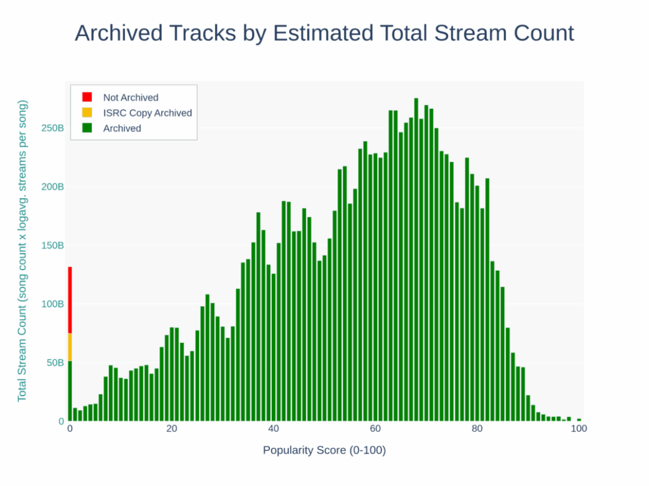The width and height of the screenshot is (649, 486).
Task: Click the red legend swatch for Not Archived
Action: click(87, 97)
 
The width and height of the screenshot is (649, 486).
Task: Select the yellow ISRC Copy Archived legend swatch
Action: click(87, 113)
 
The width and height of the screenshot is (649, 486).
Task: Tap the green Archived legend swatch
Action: click(87, 128)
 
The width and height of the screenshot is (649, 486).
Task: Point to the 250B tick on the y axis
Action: click(53, 128)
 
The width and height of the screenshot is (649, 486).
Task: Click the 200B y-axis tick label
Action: click(53, 187)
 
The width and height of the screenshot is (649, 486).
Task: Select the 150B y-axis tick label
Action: click(53, 246)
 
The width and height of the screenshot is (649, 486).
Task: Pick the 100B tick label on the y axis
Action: click(53, 304)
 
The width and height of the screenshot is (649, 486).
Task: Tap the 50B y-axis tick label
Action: click(55, 363)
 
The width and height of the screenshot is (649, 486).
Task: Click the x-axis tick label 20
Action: click(172, 428)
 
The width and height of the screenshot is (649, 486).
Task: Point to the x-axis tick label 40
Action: click(273, 428)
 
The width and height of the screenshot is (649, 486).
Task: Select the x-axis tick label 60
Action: click(375, 428)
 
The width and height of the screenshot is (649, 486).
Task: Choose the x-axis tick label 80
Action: click(477, 428)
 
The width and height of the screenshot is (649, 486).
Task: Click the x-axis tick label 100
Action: click(578, 428)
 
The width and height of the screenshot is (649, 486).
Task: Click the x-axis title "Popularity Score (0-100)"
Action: click(324, 451)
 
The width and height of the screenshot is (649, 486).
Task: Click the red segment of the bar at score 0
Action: click(70, 300)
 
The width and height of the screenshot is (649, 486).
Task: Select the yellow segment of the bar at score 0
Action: click(70, 347)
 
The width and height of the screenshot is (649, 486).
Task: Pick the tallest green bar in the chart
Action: click(416, 259)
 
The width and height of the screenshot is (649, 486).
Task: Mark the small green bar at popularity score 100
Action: click(579, 420)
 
